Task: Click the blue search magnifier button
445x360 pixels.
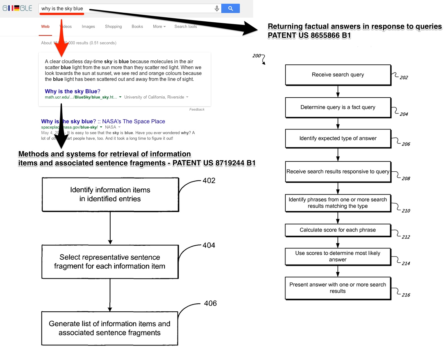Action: pyautogui.click(x=230, y=8)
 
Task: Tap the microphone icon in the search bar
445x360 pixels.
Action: pyautogui.click(x=217, y=8)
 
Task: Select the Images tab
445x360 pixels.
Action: pyautogui.click(x=88, y=27)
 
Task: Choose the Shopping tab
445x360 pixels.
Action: pyautogui.click(x=113, y=27)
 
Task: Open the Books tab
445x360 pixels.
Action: pyautogui.click(x=137, y=27)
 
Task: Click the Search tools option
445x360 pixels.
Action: pyautogui.click(x=186, y=27)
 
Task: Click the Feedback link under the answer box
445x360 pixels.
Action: pyautogui.click(x=197, y=109)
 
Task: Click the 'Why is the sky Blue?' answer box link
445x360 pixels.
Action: pyautogui.click(x=73, y=91)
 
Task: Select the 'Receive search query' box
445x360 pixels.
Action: pyautogui.click(x=338, y=75)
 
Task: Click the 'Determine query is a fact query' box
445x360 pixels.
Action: pyautogui.click(x=338, y=107)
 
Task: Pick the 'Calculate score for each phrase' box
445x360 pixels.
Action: pyautogui.click(x=338, y=230)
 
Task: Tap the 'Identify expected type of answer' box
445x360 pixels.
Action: pyautogui.click(x=338, y=138)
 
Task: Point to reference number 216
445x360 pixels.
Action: pyautogui.click(x=406, y=295)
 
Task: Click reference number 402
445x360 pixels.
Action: pyautogui.click(x=209, y=181)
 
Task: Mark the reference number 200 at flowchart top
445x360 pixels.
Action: pyautogui.click(x=257, y=56)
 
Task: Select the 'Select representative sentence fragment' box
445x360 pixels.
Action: pyautogui.click(x=110, y=262)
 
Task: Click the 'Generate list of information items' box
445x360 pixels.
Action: pyautogui.click(x=110, y=328)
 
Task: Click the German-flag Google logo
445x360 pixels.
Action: pyautogui.click(x=17, y=8)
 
